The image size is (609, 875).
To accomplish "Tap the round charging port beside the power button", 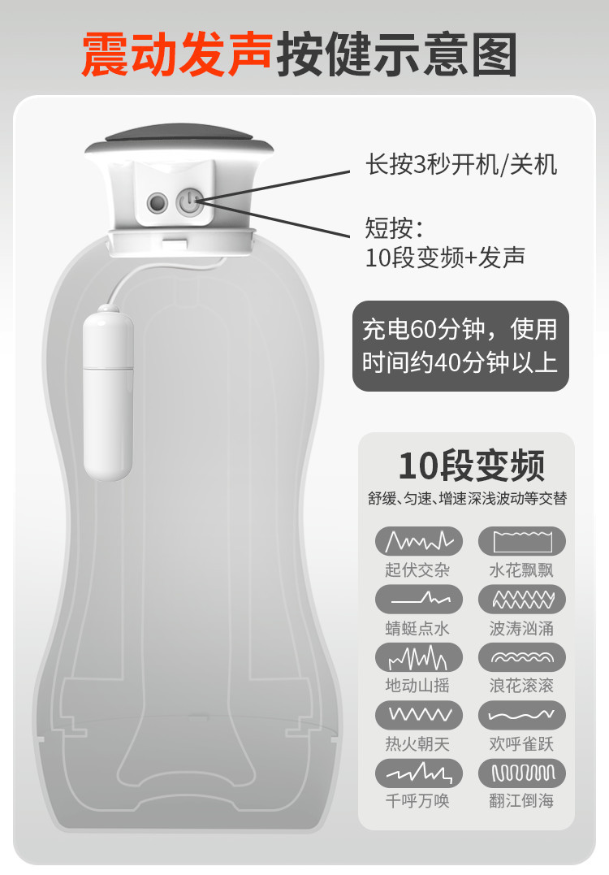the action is coord(158,202).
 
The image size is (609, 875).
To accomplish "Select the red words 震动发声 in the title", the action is coord(177,54).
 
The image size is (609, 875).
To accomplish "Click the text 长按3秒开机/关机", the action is coord(461,165).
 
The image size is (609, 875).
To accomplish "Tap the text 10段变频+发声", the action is coord(445,258).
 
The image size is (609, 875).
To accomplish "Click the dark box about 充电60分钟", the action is coord(460,346).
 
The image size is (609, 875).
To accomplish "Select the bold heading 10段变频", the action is coord(472,466).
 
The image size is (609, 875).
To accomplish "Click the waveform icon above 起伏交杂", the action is coord(419,541).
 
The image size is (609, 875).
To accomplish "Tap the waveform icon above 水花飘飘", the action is coord(522,541).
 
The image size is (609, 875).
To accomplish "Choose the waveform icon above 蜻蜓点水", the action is coord(419,600).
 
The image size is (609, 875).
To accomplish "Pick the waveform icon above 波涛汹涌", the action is coord(522,600).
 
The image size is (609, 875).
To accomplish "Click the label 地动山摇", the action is coord(417,685).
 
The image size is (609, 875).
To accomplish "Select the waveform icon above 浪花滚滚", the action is coord(522,656).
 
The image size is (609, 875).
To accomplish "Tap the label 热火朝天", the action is coord(417,743).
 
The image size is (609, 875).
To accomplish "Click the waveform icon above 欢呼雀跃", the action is coord(522,715).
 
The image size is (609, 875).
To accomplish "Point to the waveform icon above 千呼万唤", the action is coord(419,773).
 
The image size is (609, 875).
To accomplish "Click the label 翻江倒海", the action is coord(521,801).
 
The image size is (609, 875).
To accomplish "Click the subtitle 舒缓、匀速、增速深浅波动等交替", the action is coord(468,498).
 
